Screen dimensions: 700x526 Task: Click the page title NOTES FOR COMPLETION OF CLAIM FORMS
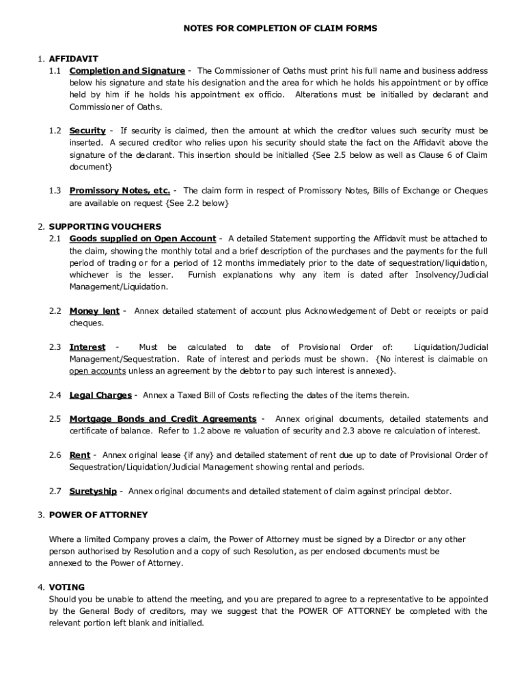(x=280, y=28)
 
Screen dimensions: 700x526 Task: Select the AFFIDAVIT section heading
(x=72, y=59)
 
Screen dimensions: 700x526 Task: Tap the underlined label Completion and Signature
(x=127, y=71)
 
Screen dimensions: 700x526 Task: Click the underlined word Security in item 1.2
(x=87, y=131)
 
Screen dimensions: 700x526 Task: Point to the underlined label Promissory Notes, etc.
(x=120, y=191)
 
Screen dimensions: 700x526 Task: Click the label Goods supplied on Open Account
(x=143, y=239)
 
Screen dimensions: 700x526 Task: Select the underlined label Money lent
(x=94, y=311)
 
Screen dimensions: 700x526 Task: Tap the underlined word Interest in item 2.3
(x=87, y=347)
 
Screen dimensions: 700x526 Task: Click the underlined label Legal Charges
(x=100, y=395)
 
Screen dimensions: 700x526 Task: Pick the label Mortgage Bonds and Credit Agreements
(x=163, y=419)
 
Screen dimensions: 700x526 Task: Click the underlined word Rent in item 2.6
(x=80, y=455)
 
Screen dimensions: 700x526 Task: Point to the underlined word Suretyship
(x=93, y=491)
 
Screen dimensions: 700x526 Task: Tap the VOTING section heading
(x=67, y=587)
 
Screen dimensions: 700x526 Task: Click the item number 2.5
(x=55, y=419)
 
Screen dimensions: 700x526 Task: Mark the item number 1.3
(x=55, y=191)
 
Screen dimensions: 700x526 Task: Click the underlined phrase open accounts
(x=97, y=371)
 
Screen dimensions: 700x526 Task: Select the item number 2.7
(x=55, y=491)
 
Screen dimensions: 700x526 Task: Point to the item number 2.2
(x=55, y=311)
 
